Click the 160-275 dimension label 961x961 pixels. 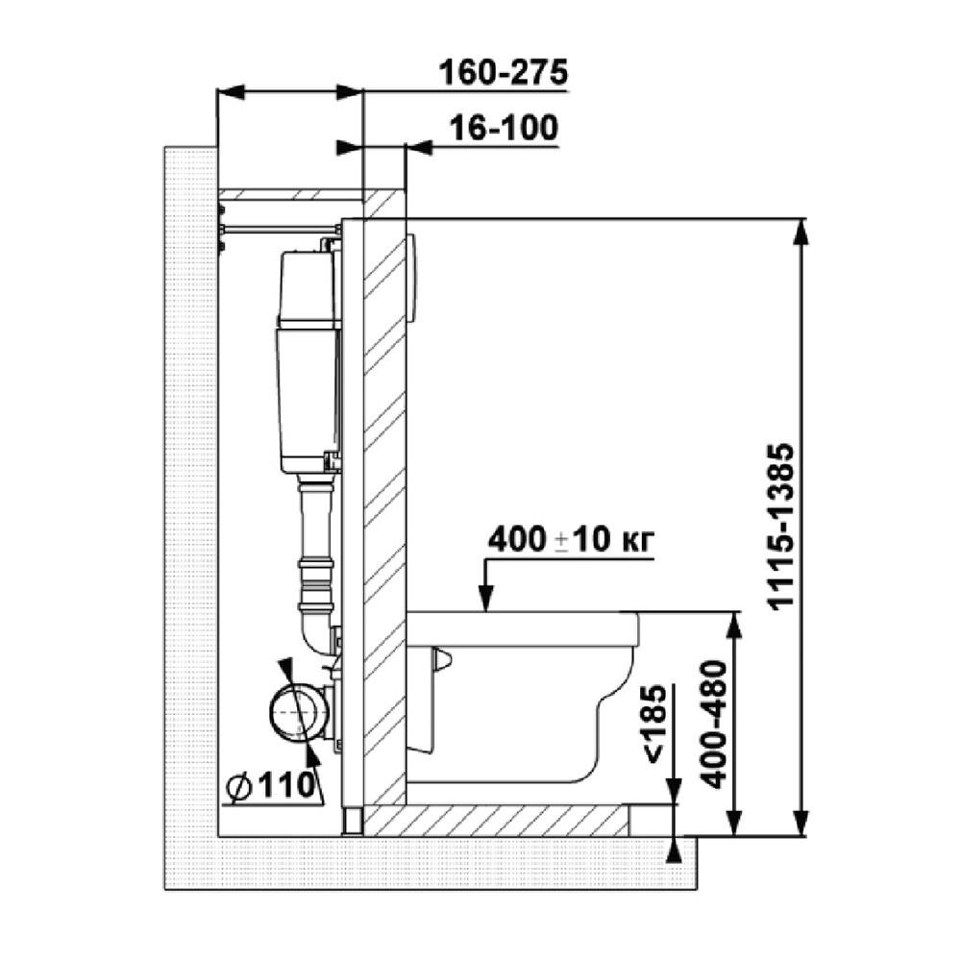click(x=504, y=72)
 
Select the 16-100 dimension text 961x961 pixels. click(x=504, y=129)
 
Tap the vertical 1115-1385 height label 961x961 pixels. click(x=780, y=527)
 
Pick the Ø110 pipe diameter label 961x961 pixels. click(x=271, y=785)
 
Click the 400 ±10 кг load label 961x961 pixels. click(x=571, y=540)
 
